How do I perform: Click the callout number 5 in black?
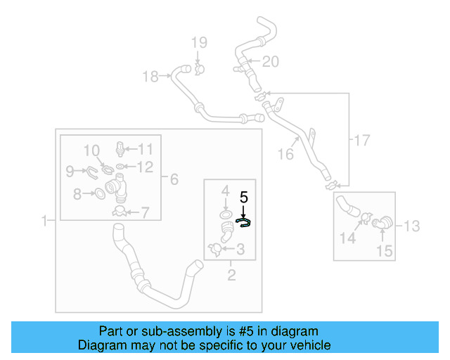coord(245,198)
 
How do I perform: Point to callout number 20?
coord(270,62)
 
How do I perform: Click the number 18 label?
coord(150,77)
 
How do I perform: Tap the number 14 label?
coord(348,238)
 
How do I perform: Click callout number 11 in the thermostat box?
coord(145,148)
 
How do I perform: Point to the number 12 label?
coord(145,167)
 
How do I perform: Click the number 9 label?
coord(70,170)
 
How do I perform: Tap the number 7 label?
coord(145,212)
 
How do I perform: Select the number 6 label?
coord(174,179)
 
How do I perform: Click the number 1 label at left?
coord(44,221)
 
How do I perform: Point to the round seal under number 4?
coord(225,212)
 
